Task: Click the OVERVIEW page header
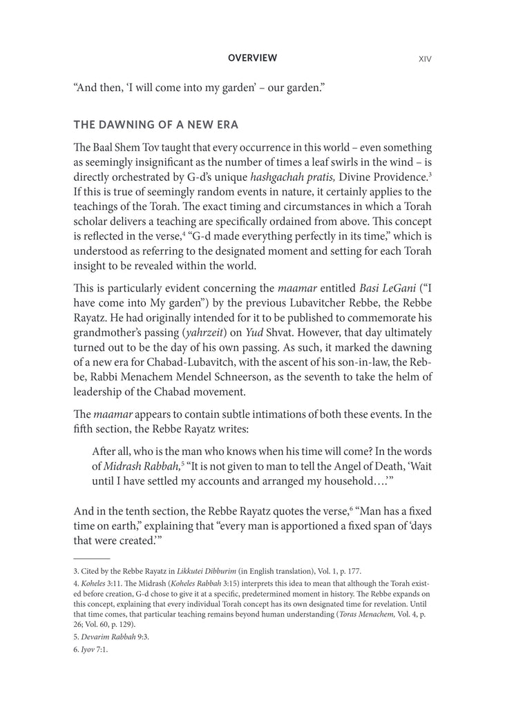252,59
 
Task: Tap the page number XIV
425,59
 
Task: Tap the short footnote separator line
91,557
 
